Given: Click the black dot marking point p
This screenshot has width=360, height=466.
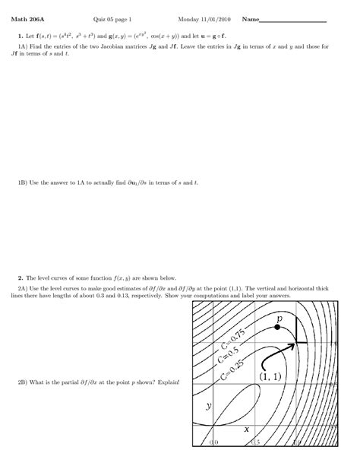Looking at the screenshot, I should (277, 326).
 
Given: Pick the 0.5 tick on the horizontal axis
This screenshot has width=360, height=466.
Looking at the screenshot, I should (254, 442).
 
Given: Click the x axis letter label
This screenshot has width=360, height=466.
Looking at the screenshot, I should (247, 429).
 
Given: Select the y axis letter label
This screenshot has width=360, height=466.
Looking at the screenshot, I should (208, 407).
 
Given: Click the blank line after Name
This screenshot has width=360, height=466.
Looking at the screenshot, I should (293, 19).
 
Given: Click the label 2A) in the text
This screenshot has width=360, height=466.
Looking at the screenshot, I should (23, 289).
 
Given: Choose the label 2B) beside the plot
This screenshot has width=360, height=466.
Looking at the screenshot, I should (23, 381).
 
